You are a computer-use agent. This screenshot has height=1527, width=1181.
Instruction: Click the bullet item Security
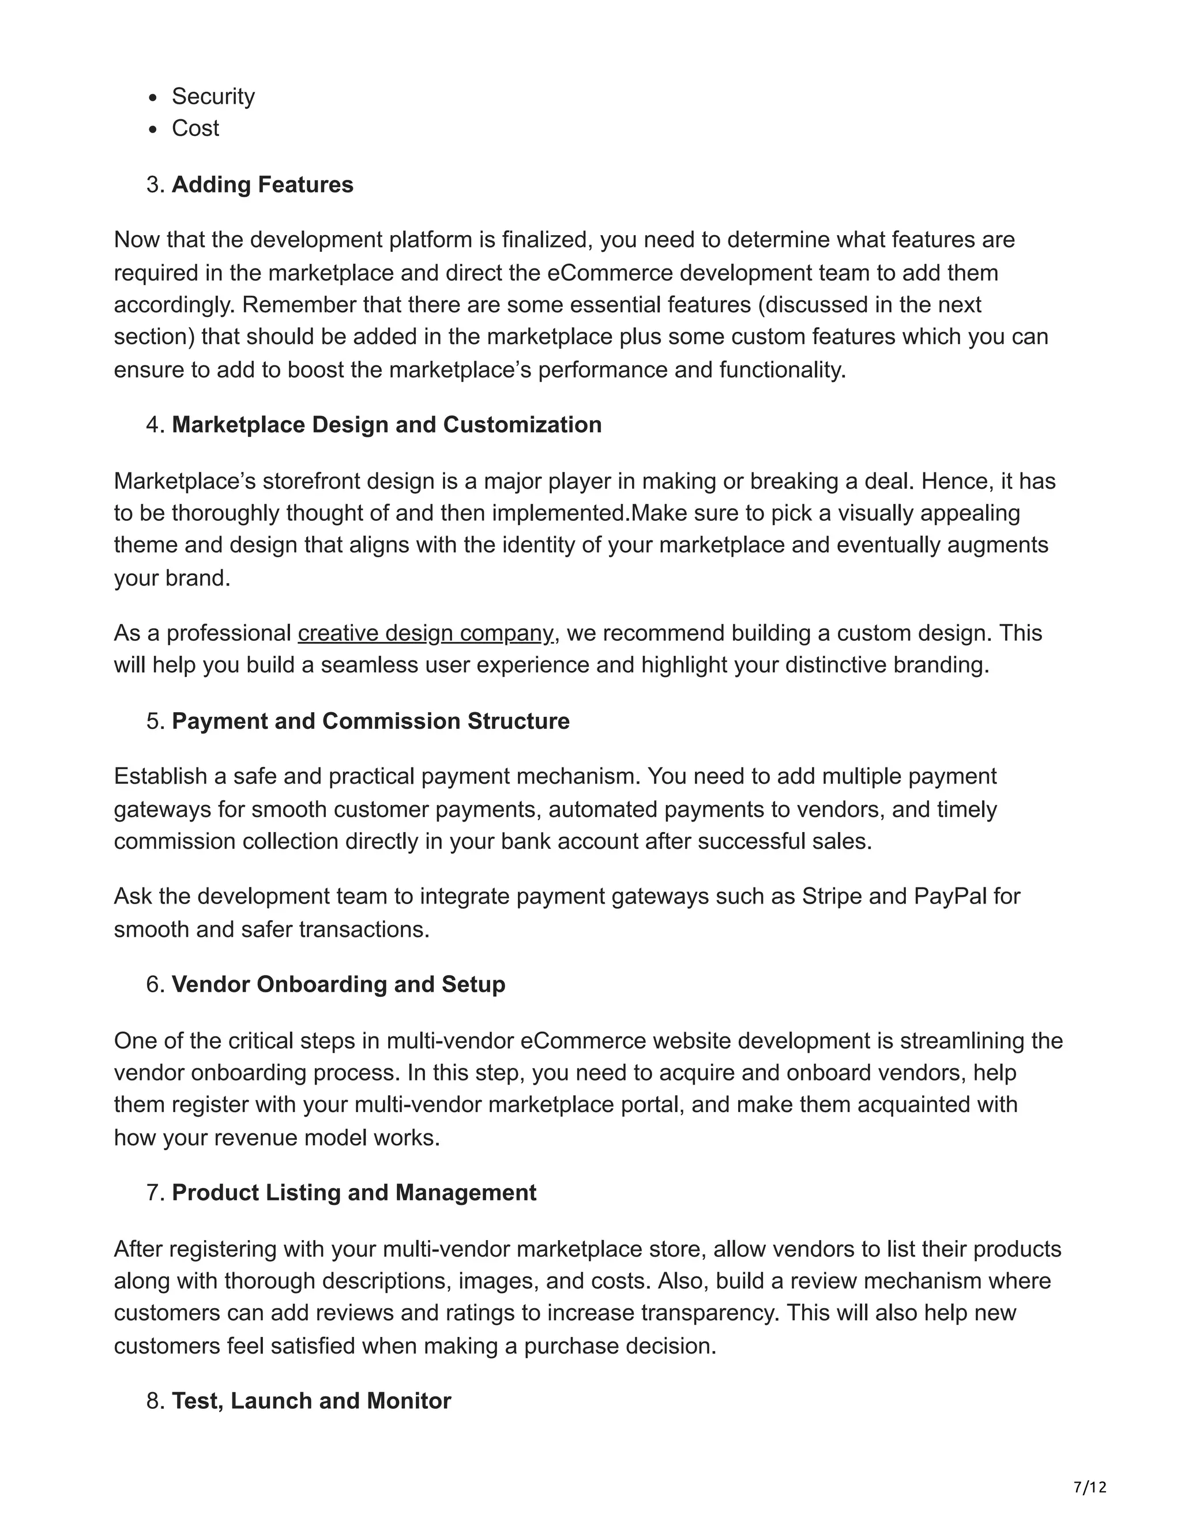click(213, 96)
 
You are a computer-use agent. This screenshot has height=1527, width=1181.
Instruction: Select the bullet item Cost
click(195, 128)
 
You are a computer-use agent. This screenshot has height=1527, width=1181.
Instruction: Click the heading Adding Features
click(262, 184)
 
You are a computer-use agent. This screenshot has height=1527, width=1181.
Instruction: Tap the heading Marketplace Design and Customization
click(386, 425)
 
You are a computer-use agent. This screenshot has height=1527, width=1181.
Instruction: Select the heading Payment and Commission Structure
click(370, 721)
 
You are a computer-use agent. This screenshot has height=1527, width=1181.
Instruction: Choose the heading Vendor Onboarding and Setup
click(338, 984)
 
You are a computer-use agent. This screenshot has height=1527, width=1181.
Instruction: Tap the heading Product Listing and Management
click(353, 1193)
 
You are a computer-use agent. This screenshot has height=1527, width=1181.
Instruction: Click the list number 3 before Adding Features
click(153, 184)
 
